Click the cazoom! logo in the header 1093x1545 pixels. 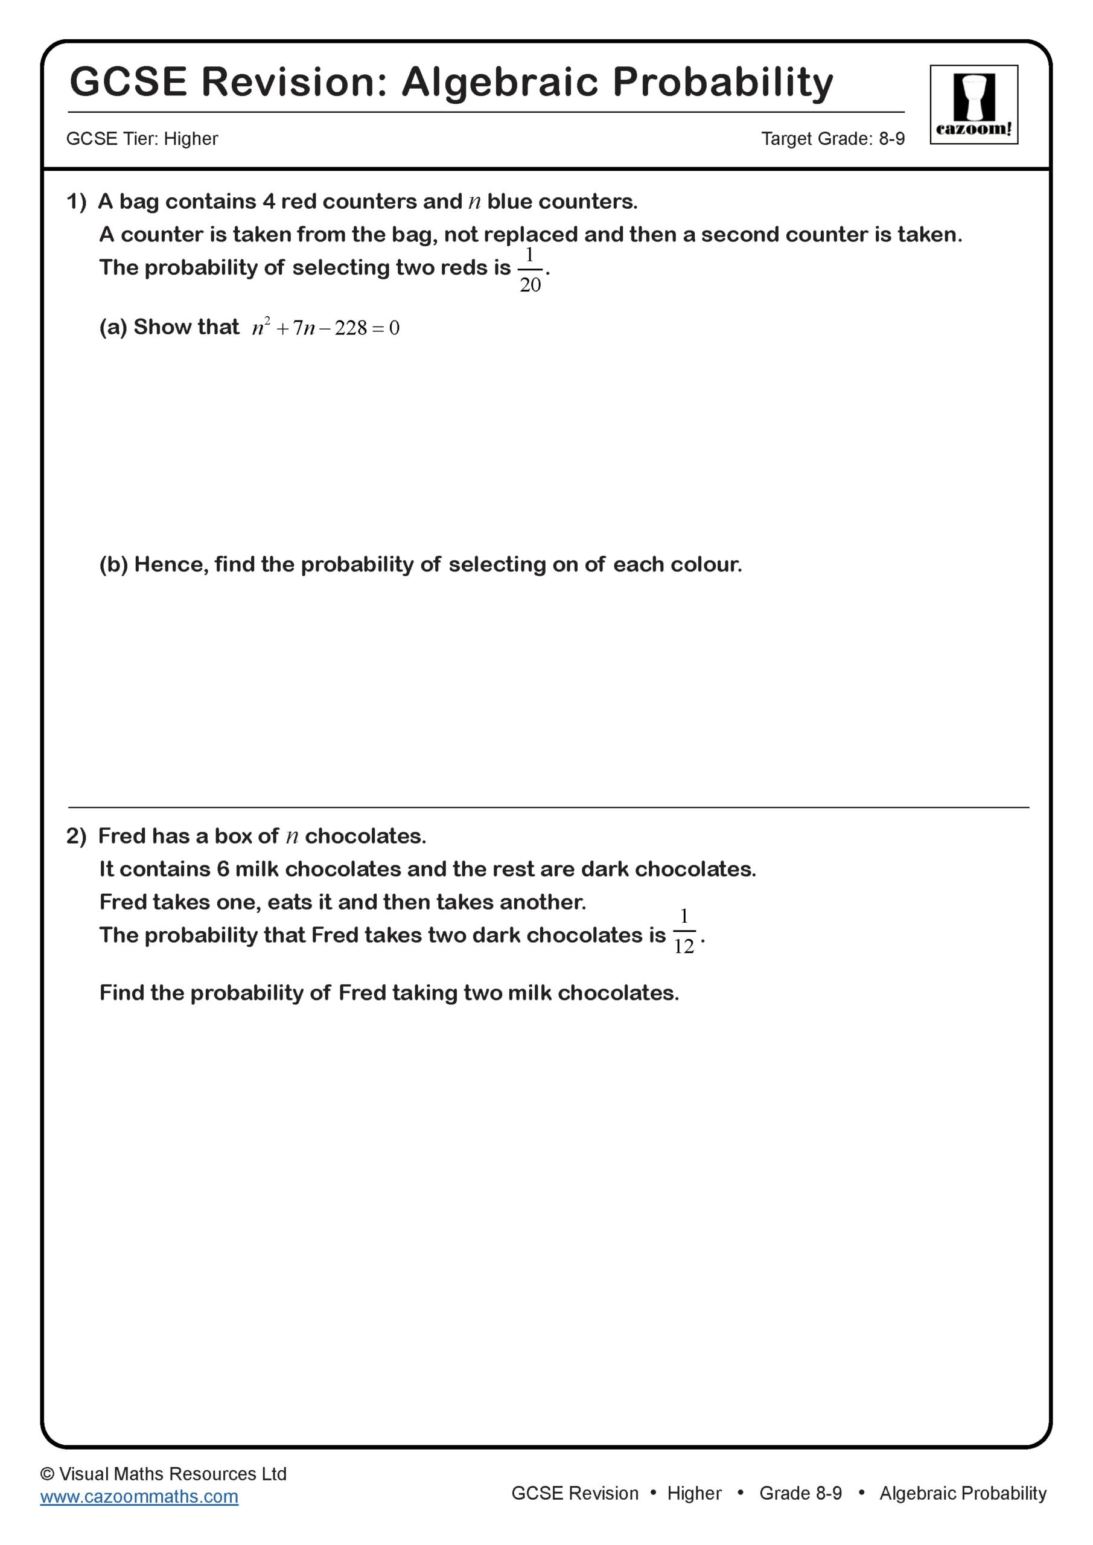click(974, 104)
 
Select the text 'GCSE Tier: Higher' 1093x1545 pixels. click(142, 139)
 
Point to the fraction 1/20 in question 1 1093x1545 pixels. click(530, 270)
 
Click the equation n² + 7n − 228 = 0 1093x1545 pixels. click(326, 328)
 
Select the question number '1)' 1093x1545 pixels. click(76, 201)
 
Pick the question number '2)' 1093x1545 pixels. click(76, 836)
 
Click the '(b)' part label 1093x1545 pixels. click(113, 564)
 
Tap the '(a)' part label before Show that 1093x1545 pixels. click(113, 327)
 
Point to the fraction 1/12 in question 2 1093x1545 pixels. click(684, 931)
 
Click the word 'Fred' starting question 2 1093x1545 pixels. click(121, 836)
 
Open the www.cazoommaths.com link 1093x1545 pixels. click(139, 1497)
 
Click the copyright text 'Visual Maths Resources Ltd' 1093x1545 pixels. click(172, 1474)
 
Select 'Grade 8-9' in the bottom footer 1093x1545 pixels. click(800, 1493)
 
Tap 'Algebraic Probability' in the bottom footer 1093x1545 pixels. click(963, 1493)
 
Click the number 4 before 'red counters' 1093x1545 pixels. click(269, 201)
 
